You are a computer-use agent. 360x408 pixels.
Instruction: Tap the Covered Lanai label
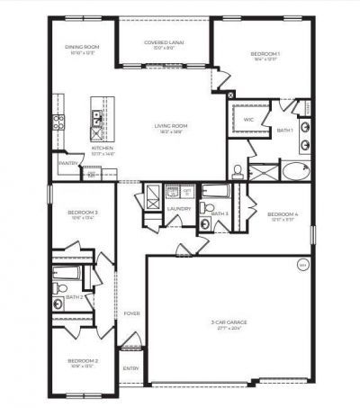point(166,42)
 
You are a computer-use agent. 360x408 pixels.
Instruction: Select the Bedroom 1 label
point(265,54)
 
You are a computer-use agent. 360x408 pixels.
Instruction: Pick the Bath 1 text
point(285,131)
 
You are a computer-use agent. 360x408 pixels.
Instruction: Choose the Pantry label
point(66,163)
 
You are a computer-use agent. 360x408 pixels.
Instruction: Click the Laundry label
point(177,209)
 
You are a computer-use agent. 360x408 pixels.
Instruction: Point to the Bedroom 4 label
point(283,214)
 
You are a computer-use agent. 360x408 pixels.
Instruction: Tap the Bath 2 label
point(75,296)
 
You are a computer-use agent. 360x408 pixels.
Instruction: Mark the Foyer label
point(131,313)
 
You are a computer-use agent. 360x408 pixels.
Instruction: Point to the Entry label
point(131,367)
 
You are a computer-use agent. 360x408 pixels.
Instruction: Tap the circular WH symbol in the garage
point(302,265)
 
